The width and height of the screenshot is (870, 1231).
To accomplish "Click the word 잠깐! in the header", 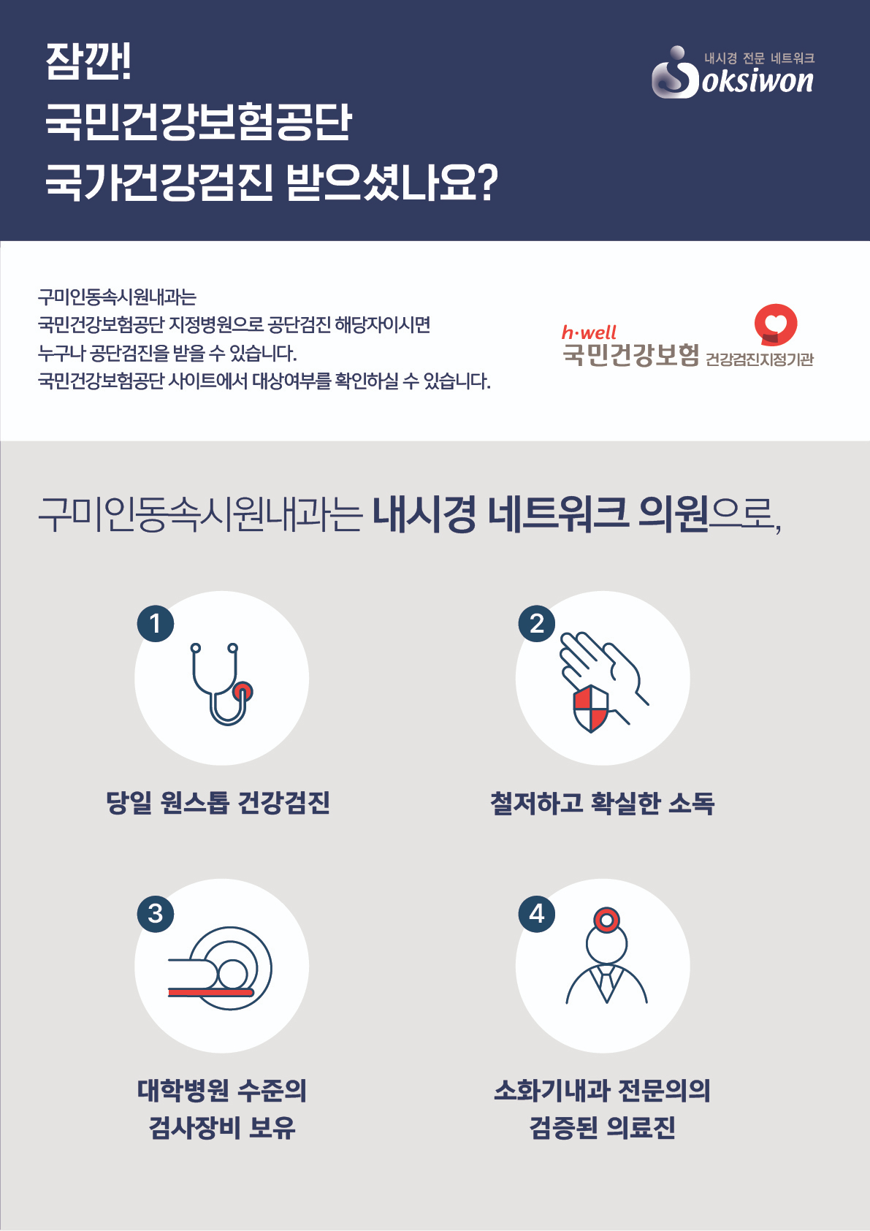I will coord(88,61).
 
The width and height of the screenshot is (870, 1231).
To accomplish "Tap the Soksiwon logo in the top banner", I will coord(732,74).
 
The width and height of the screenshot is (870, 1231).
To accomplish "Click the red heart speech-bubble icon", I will coord(775,324).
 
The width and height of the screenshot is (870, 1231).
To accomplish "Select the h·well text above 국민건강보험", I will coord(589,332).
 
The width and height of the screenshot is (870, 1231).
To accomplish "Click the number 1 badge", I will coord(156,624).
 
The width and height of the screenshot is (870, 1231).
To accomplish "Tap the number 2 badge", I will coord(537,624).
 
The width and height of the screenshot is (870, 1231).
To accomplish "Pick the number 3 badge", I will coord(156,913).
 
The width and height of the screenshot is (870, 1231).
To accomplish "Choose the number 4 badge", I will coord(537,913).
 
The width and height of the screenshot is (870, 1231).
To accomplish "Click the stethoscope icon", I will coord(221,684).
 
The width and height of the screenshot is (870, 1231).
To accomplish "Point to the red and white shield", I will coord(591,708).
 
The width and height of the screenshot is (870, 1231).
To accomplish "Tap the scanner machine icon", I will coord(221,969).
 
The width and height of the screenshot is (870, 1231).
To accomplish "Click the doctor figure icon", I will coord(606,964).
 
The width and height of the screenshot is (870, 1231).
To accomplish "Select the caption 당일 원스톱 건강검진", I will coord(218,802).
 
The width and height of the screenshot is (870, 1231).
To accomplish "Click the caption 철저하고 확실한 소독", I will coord(602,803).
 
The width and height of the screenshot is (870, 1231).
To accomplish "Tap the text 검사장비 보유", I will coord(222,1127).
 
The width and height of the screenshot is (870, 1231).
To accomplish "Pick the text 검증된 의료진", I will coord(603,1127).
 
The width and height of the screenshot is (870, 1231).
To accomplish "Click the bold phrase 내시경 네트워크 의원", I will coord(541,513).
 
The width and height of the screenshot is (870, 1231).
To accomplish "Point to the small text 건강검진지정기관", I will coord(760,359).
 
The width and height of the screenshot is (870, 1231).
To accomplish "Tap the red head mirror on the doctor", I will coord(606,920).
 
